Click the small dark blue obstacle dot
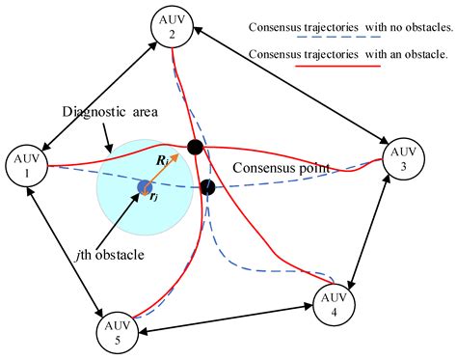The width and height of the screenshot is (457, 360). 145,186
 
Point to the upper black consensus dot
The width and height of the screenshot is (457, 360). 195,148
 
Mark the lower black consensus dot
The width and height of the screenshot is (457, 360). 207,187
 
